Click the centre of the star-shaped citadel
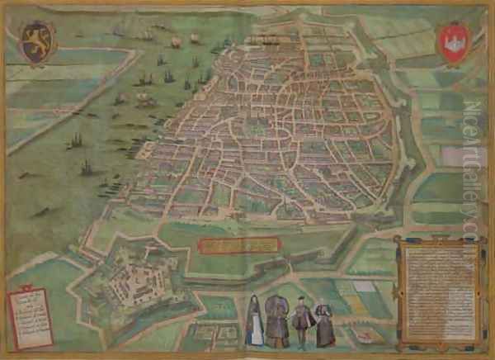point(131,276)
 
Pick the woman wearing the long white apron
point(255,322)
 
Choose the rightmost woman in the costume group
point(324,324)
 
